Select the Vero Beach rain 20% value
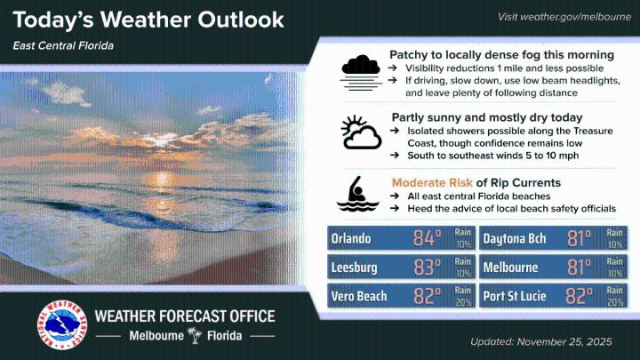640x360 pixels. (x=462, y=296)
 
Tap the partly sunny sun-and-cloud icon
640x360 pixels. (x=361, y=133)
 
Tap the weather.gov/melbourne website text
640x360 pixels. (x=564, y=17)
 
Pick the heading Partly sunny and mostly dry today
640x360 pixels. (x=487, y=117)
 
